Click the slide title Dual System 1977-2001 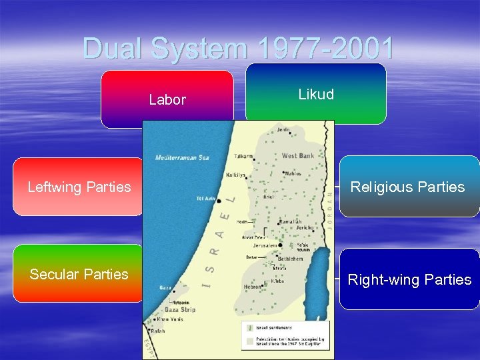pyautogui.click(x=238, y=48)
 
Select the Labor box pyautogui.click(x=167, y=99)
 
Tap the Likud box pyautogui.click(x=315, y=94)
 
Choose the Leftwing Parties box pyautogui.click(x=79, y=187)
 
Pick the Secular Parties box pyautogui.click(x=79, y=274)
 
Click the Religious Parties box pyautogui.click(x=407, y=187)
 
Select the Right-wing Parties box pyautogui.click(x=409, y=279)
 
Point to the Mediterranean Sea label pyautogui.click(x=182, y=158)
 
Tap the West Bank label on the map pyautogui.click(x=297, y=156)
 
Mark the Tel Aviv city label pyautogui.click(x=206, y=198)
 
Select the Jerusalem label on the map pyautogui.click(x=265, y=245)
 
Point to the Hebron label pyautogui.click(x=252, y=286)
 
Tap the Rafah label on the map pyautogui.click(x=157, y=331)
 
